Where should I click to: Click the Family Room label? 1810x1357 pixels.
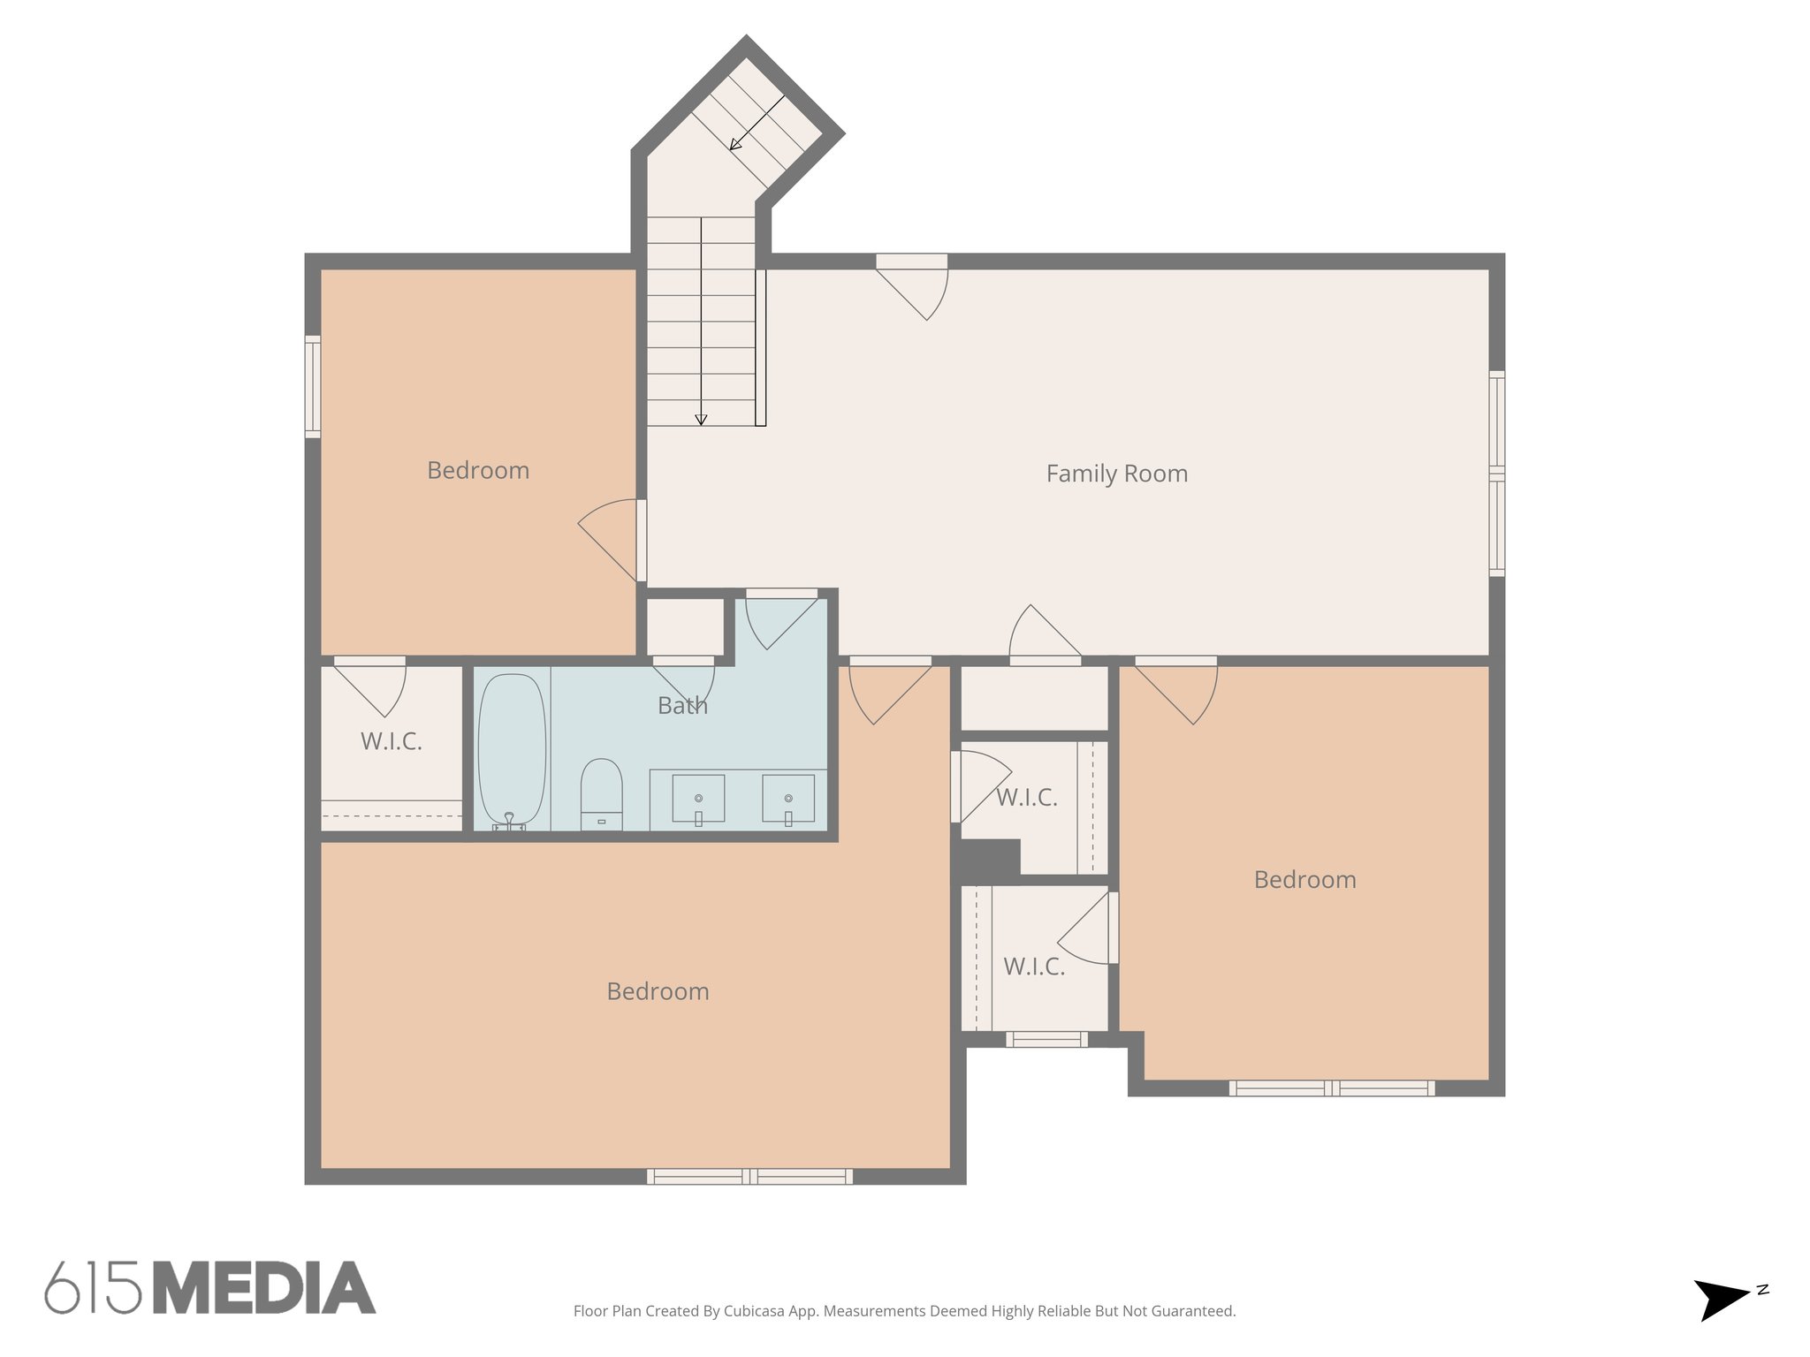(x=1116, y=474)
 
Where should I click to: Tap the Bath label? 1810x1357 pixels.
(x=682, y=705)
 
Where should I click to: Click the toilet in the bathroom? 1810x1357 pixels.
(x=601, y=791)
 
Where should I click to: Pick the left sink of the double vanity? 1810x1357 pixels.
(x=698, y=799)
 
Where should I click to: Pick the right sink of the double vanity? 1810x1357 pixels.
(x=788, y=799)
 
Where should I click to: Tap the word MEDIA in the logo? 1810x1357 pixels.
(x=264, y=1287)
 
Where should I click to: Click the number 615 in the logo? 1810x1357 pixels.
(x=93, y=1287)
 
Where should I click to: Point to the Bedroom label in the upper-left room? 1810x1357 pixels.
(x=478, y=470)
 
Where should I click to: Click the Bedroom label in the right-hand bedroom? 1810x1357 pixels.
(x=1304, y=879)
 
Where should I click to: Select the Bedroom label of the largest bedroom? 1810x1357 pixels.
(x=658, y=991)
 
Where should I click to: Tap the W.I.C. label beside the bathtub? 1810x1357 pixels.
(x=391, y=741)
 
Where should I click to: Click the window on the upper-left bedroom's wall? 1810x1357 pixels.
(x=313, y=386)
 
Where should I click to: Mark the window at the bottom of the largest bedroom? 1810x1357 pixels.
(x=749, y=1176)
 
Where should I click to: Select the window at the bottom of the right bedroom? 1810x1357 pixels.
(x=1332, y=1088)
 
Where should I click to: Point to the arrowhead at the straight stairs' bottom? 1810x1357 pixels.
(x=701, y=421)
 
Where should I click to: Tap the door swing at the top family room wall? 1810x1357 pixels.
(x=919, y=292)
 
